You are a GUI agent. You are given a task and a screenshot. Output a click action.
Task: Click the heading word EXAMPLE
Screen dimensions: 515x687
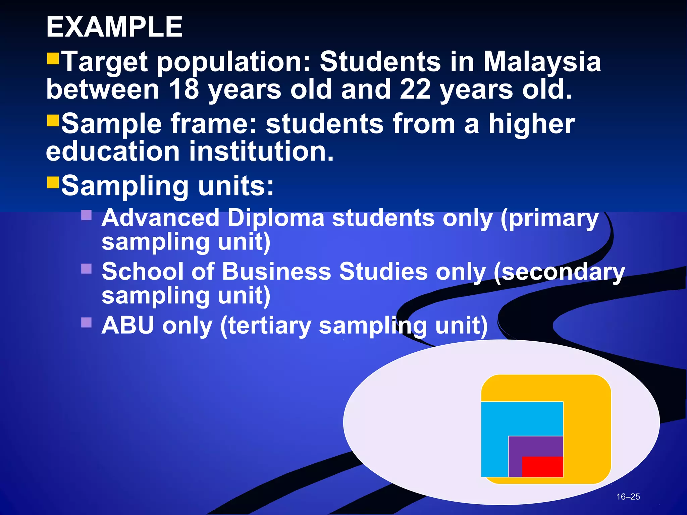pyautogui.click(x=114, y=27)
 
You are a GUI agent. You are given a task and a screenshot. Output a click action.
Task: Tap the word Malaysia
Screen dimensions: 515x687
pyautogui.click(x=542, y=62)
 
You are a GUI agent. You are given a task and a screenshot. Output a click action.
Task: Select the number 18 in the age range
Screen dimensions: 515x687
pyautogui.click(x=184, y=90)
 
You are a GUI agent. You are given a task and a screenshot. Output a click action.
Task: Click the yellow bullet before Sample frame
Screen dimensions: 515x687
pyautogui.click(x=53, y=120)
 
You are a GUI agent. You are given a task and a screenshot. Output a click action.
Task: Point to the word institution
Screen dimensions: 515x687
pyautogui.click(x=262, y=151)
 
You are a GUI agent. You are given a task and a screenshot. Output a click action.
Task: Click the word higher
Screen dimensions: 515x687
pyautogui.click(x=531, y=124)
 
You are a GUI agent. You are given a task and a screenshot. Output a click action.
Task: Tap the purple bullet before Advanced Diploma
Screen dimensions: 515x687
pyautogui.click(x=87, y=215)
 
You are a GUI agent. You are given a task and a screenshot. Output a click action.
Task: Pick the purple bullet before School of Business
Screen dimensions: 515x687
pyautogui.click(x=87, y=269)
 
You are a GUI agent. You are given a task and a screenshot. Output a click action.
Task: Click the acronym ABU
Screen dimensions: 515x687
pyautogui.click(x=127, y=325)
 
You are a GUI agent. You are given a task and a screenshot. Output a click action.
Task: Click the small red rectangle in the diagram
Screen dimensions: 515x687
pyautogui.click(x=542, y=467)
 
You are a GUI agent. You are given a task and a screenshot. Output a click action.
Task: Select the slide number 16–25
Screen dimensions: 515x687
pyautogui.click(x=628, y=497)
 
